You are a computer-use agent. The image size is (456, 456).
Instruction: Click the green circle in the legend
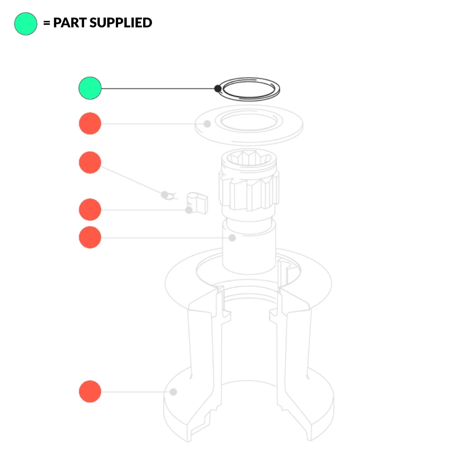point(26,24)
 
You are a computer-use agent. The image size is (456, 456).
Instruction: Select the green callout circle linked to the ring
point(90,88)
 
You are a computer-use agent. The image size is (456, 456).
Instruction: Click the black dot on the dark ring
point(218,88)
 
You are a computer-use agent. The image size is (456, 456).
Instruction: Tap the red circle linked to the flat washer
point(90,124)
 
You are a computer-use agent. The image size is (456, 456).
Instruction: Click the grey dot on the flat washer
point(207,124)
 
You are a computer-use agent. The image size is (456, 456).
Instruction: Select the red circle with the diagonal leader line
point(90,163)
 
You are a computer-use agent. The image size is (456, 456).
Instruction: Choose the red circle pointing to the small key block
point(90,210)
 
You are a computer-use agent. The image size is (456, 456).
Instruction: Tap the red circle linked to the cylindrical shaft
point(90,238)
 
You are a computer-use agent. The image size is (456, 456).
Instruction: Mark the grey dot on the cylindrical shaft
point(232,238)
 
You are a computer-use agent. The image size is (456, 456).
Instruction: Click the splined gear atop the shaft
point(249,182)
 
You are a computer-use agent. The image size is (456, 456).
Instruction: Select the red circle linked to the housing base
point(90,391)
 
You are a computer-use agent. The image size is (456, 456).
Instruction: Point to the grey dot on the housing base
point(173,391)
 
